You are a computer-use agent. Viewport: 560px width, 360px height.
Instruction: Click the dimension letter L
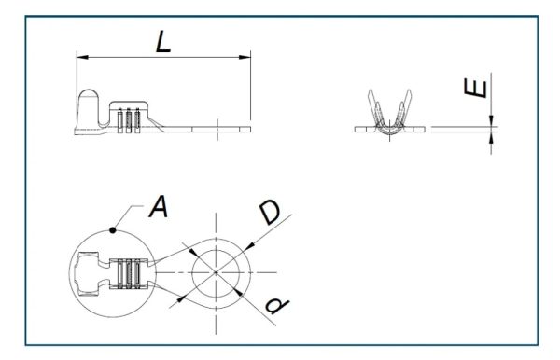coord(163,42)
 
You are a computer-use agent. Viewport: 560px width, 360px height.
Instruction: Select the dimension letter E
coord(475,88)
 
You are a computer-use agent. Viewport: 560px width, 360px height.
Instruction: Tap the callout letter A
coord(159,206)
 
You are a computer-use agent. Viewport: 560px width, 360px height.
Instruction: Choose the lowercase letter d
coord(277,306)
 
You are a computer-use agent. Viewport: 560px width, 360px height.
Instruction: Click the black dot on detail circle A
coord(113,230)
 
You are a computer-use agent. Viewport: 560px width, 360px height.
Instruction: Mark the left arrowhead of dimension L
coord(82,57)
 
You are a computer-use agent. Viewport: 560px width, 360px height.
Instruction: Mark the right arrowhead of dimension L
coord(245,57)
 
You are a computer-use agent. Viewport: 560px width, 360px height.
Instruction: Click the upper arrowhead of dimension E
coord(492,120)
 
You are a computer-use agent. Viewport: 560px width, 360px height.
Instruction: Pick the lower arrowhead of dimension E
coord(492,138)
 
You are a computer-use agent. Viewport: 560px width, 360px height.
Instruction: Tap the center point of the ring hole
coord(216,272)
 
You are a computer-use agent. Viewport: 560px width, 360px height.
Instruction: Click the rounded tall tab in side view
coord(89,107)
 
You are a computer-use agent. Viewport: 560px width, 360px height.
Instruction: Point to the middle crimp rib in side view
coord(129,120)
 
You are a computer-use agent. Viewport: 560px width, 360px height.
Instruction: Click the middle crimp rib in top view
coord(129,273)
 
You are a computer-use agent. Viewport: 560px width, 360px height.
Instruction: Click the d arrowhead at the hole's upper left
coord(193,252)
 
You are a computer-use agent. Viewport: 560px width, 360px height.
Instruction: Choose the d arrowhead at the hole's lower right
coord(238,292)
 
